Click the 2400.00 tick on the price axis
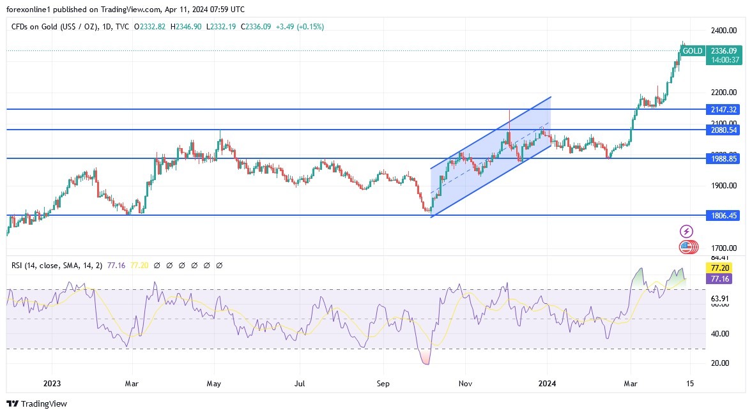pos(724,31)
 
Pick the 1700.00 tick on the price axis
pos(724,248)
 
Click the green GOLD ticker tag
pos(692,51)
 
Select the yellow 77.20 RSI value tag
pos(717,268)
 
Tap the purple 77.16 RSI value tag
pos(717,279)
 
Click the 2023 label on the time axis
pos(52,383)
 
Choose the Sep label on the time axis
pos(382,383)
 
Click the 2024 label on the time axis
pos(548,383)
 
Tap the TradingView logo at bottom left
pos(37,404)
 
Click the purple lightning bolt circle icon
pos(686,231)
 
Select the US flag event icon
pos(686,246)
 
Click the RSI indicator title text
pos(58,265)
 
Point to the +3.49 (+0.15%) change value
pos(300,27)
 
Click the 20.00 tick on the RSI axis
pos(720,363)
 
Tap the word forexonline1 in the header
pos(31,10)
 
